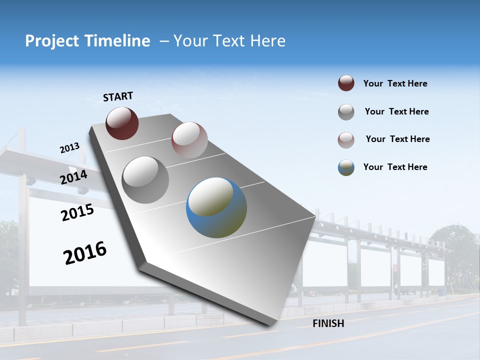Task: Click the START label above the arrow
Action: tap(118, 96)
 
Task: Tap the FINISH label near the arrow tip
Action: tap(328, 323)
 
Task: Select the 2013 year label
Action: tap(69, 148)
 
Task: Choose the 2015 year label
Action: tap(77, 212)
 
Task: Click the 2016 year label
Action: tap(85, 253)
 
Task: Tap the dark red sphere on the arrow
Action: tap(122, 123)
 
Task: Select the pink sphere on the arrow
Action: tap(189, 140)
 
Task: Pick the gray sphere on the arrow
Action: tap(145, 179)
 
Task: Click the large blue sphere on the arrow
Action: tap(216, 207)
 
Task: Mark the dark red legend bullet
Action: tap(346, 83)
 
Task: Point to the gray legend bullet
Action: tap(346, 112)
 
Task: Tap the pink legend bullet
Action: tap(346, 140)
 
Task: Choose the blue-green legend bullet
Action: tap(346, 167)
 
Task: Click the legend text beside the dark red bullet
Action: tap(395, 84)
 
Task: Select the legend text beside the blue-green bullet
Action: tap(395, 167)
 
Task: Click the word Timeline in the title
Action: tap(115, 41)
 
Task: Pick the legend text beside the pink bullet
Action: tap(397, 139)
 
